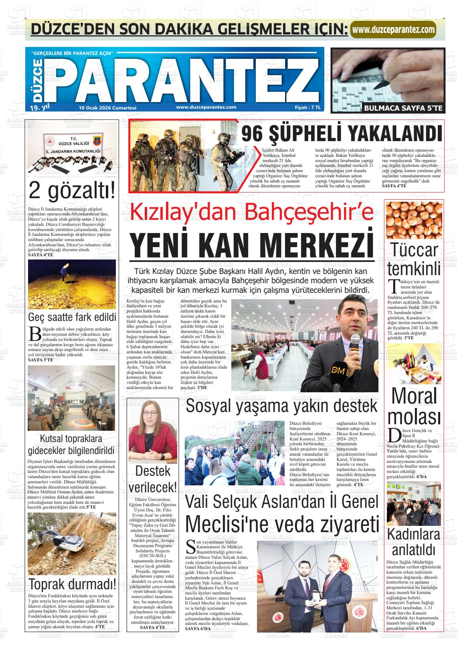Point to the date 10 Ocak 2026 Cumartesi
pos(108,107)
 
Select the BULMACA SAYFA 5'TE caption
pos(403,107)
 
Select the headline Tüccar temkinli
pos(414,259)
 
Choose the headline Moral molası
pos(414,406)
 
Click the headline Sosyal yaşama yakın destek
pos(281,406)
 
